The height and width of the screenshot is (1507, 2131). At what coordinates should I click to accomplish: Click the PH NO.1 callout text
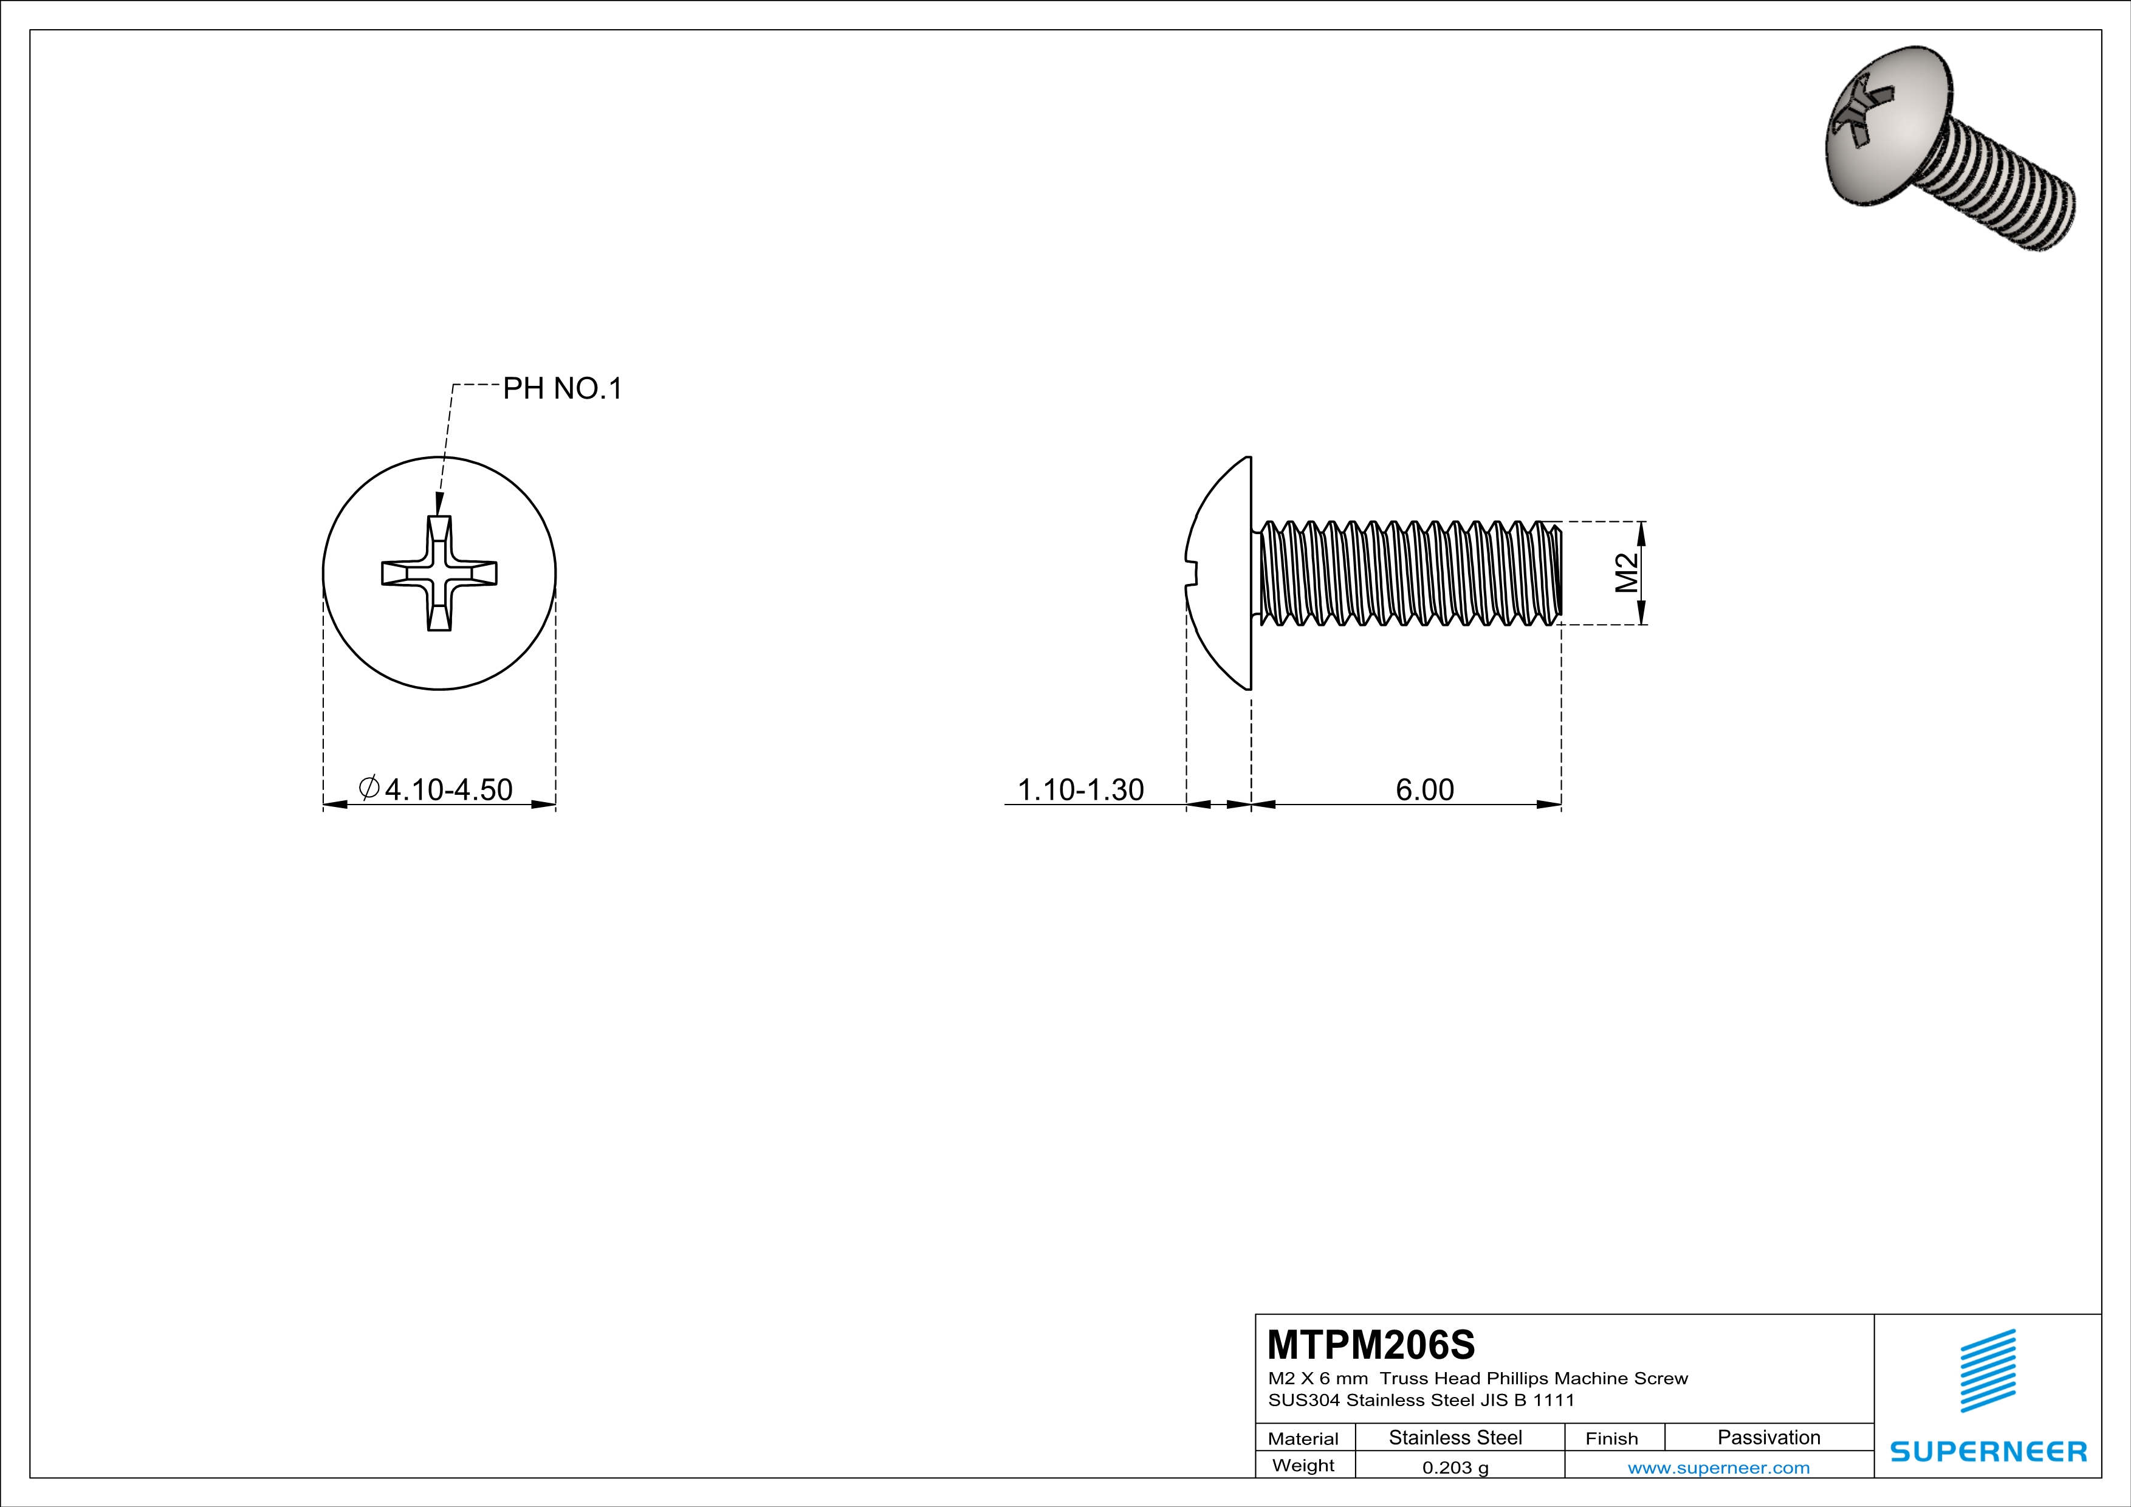pyautogui.click(x=563, y=389)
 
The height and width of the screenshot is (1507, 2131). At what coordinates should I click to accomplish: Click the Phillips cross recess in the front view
pyautogui.click(x=439, y=574)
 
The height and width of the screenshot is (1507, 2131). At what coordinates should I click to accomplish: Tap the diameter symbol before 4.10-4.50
pyautogui.click(x=368, y=788)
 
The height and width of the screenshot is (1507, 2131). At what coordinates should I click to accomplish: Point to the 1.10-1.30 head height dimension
pyautogui.click(x=1080, y=790)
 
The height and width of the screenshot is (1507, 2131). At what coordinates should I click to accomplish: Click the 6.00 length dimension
pyautogui.click(x=1425, y=790)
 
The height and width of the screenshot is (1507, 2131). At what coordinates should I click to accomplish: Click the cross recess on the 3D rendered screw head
pyautogui.click(x=1861, y=121)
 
